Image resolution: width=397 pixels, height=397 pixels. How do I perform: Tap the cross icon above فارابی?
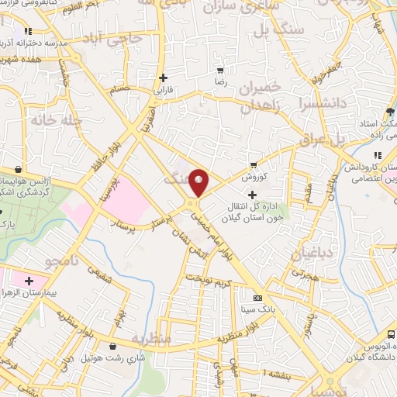[163, 78]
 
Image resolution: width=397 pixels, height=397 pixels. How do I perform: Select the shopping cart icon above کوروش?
[253, 164]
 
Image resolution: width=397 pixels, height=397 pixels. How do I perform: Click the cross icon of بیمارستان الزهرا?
[29, 280]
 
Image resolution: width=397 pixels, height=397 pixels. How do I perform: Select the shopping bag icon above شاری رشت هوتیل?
[115, 346]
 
